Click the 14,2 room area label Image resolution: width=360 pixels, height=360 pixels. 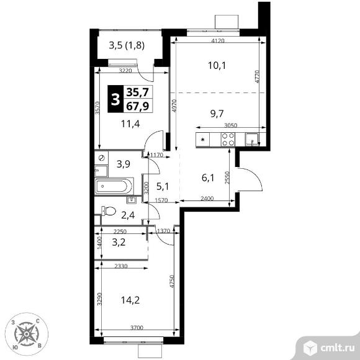click(x=130, y=300)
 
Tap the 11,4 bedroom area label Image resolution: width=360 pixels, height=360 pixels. click(x=130, y=124)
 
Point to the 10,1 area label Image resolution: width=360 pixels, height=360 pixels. click(x=217, y=66)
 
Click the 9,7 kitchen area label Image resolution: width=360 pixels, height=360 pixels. click(x=217, y=114)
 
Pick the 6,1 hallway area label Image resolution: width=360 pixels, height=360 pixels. click(x=208, y=178)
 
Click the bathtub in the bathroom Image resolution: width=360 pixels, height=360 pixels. click(x=114, y=186)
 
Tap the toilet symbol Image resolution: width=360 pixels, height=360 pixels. click(x=109, y=211)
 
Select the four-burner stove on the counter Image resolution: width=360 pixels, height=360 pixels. click(x=228, y=140)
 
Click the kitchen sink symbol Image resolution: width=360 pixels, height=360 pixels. click(x=252, y=140)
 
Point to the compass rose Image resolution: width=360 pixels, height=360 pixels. click(x=27, y=334)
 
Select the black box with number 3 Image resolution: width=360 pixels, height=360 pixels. click(x=115, y=99)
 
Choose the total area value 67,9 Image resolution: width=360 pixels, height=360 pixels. click(x=138, y=106)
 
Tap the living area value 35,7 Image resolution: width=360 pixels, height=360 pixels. click(x=138, y=92)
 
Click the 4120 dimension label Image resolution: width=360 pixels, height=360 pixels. click(x=218, y=41)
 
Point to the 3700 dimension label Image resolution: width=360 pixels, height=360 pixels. click(x=137, y=328)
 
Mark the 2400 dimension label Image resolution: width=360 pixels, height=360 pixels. click(x=207, y=199)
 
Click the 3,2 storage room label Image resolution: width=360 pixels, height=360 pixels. click(x=119, y=242)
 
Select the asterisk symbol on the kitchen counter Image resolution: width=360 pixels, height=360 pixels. click(x=203, y=140)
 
